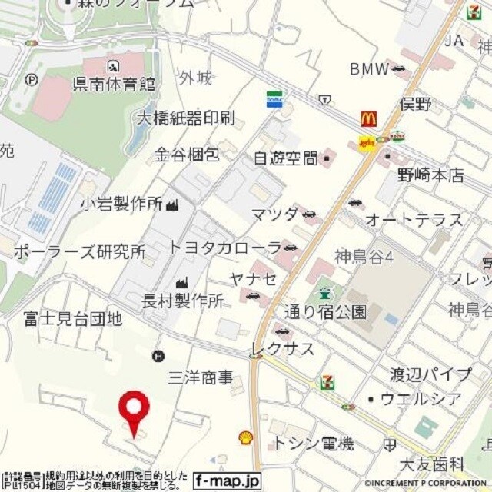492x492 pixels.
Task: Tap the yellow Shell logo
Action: point(246,437)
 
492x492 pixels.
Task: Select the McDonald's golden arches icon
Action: point(369,119)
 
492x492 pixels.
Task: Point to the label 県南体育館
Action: point(114,84)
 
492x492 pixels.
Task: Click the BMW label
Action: point(371,70)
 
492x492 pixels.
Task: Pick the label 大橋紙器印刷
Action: point(185,118)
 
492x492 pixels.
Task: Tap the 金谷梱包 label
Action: point(187,155)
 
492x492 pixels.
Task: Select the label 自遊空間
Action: point(286,158)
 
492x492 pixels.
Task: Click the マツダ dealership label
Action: point(274,214)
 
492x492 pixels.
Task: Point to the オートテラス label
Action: point(414,221)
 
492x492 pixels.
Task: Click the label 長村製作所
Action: point(183,301)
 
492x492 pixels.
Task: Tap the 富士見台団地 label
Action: point(72,317)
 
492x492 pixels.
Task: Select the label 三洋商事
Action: point(201,377)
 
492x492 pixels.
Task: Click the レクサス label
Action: point(283,349)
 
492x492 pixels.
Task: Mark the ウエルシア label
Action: point(421,399)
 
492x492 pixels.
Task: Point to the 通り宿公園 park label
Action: point(325,312)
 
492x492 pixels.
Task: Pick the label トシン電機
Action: point(314,444)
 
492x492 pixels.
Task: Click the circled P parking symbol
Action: point(32,78)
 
